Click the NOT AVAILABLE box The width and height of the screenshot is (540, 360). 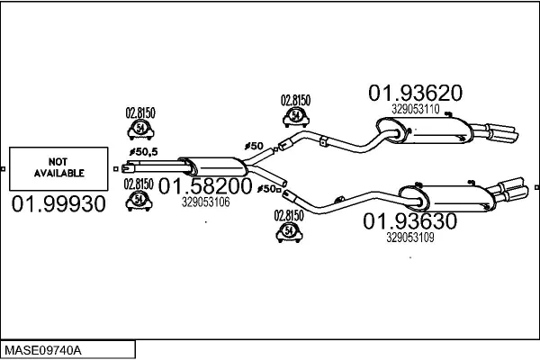point(58,169)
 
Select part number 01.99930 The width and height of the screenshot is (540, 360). point(58,204)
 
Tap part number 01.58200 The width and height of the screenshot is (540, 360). point(205,186)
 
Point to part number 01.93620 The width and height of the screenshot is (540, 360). point(415,93)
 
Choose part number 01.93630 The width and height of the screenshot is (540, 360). point(409,221)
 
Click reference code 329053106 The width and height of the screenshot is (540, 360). point(205,202)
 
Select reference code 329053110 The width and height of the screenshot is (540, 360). point(415,109)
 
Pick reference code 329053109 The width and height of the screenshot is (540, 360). point(409,238)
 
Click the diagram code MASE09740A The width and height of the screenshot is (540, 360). point(43,350)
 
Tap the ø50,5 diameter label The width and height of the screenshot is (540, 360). point(144,151)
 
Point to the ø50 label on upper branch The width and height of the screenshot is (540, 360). point(254,146)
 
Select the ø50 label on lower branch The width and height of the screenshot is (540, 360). point(267,189)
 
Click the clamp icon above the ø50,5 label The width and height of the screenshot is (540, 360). point(140,129)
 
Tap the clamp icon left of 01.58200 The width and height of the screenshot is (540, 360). point(139,200)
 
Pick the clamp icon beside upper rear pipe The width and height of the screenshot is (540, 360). point(296,116)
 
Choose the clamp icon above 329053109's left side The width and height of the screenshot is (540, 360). point(289,232)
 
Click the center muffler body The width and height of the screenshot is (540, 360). point(213,166)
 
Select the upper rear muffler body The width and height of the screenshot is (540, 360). point(424,130)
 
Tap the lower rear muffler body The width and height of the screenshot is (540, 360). point(447,198)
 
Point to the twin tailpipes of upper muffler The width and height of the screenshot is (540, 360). point(495,131)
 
